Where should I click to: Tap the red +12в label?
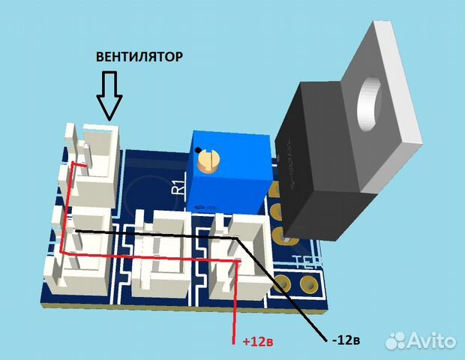tap(257, 341)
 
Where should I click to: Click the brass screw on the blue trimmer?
tap(207, 160)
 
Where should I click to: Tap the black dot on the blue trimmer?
tap(197, 150)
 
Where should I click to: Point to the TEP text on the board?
tap(307, 262)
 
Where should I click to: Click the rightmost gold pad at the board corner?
tap(307, 286)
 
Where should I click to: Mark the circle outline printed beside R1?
tap(142, 194)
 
